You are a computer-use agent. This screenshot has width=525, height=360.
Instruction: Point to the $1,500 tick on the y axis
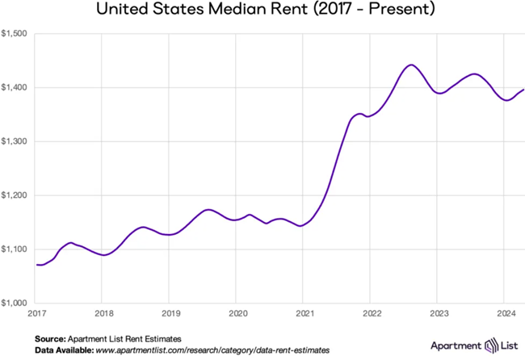(15, 34)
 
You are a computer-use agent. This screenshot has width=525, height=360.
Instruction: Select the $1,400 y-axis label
(15, 87)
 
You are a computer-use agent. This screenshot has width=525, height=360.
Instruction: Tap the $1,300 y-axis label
(15, 141)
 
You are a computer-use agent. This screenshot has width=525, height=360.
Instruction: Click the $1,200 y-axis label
(15, 195)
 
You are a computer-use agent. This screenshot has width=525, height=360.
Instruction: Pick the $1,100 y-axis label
(15, 249)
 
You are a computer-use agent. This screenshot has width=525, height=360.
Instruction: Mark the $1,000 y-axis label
(15, 303)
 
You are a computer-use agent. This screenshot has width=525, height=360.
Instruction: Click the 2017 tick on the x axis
(36, 312)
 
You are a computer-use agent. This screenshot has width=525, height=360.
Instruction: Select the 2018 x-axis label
(103, 312)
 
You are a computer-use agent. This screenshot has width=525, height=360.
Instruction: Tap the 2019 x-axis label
(170, 312)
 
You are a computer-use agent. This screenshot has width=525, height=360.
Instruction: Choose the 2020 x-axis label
(237, 312)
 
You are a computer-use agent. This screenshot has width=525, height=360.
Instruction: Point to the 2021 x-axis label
(304, 312)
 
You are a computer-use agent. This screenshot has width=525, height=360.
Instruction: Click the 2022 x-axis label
(371, 312)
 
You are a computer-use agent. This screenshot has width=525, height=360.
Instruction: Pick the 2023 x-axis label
(438, 312)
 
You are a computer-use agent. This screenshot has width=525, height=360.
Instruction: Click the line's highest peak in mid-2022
(411, 65)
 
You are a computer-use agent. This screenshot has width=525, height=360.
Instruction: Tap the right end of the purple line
(523, 89)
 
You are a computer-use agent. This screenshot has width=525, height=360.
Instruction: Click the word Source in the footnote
(51, 337)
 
